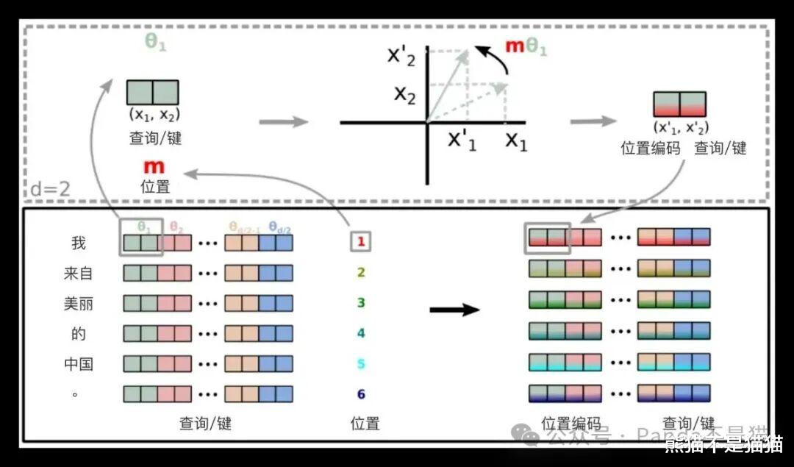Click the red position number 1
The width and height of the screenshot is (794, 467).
[361, 241]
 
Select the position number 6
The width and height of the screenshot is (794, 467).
[361, 394]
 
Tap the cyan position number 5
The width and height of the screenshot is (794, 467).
[361, 364]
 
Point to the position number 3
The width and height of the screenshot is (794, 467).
[361, 302]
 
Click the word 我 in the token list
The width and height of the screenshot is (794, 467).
[79, 243]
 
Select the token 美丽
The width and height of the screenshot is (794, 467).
[79, 303]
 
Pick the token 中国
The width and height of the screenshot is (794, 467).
[79, 364]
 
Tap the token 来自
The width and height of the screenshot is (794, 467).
[79, 274]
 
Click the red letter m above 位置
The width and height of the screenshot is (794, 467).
[154, 167]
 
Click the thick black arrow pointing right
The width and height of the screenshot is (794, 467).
[454, 309]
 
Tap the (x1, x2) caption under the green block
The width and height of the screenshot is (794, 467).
[154, 115]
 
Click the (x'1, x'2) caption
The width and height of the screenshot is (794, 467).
[681, 127]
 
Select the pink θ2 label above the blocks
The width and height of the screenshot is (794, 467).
[176, 227]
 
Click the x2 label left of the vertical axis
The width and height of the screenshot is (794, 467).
[405, 93]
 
